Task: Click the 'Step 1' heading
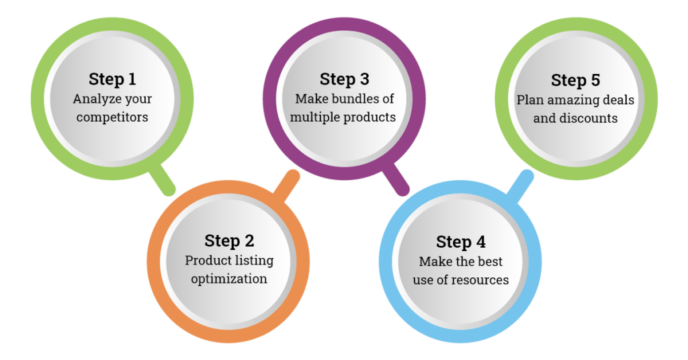112,79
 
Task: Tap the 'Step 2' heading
228,240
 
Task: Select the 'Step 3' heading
345,79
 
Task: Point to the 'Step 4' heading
461,242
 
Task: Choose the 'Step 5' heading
576,81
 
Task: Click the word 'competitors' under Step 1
112,118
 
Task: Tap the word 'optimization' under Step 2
228,279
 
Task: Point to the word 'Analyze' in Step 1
95,99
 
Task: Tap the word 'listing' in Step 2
253,260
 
